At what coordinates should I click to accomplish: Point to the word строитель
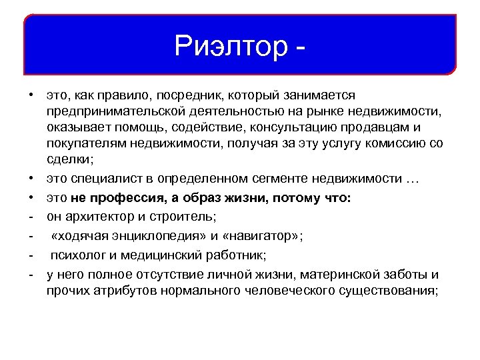pos(175,217)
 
